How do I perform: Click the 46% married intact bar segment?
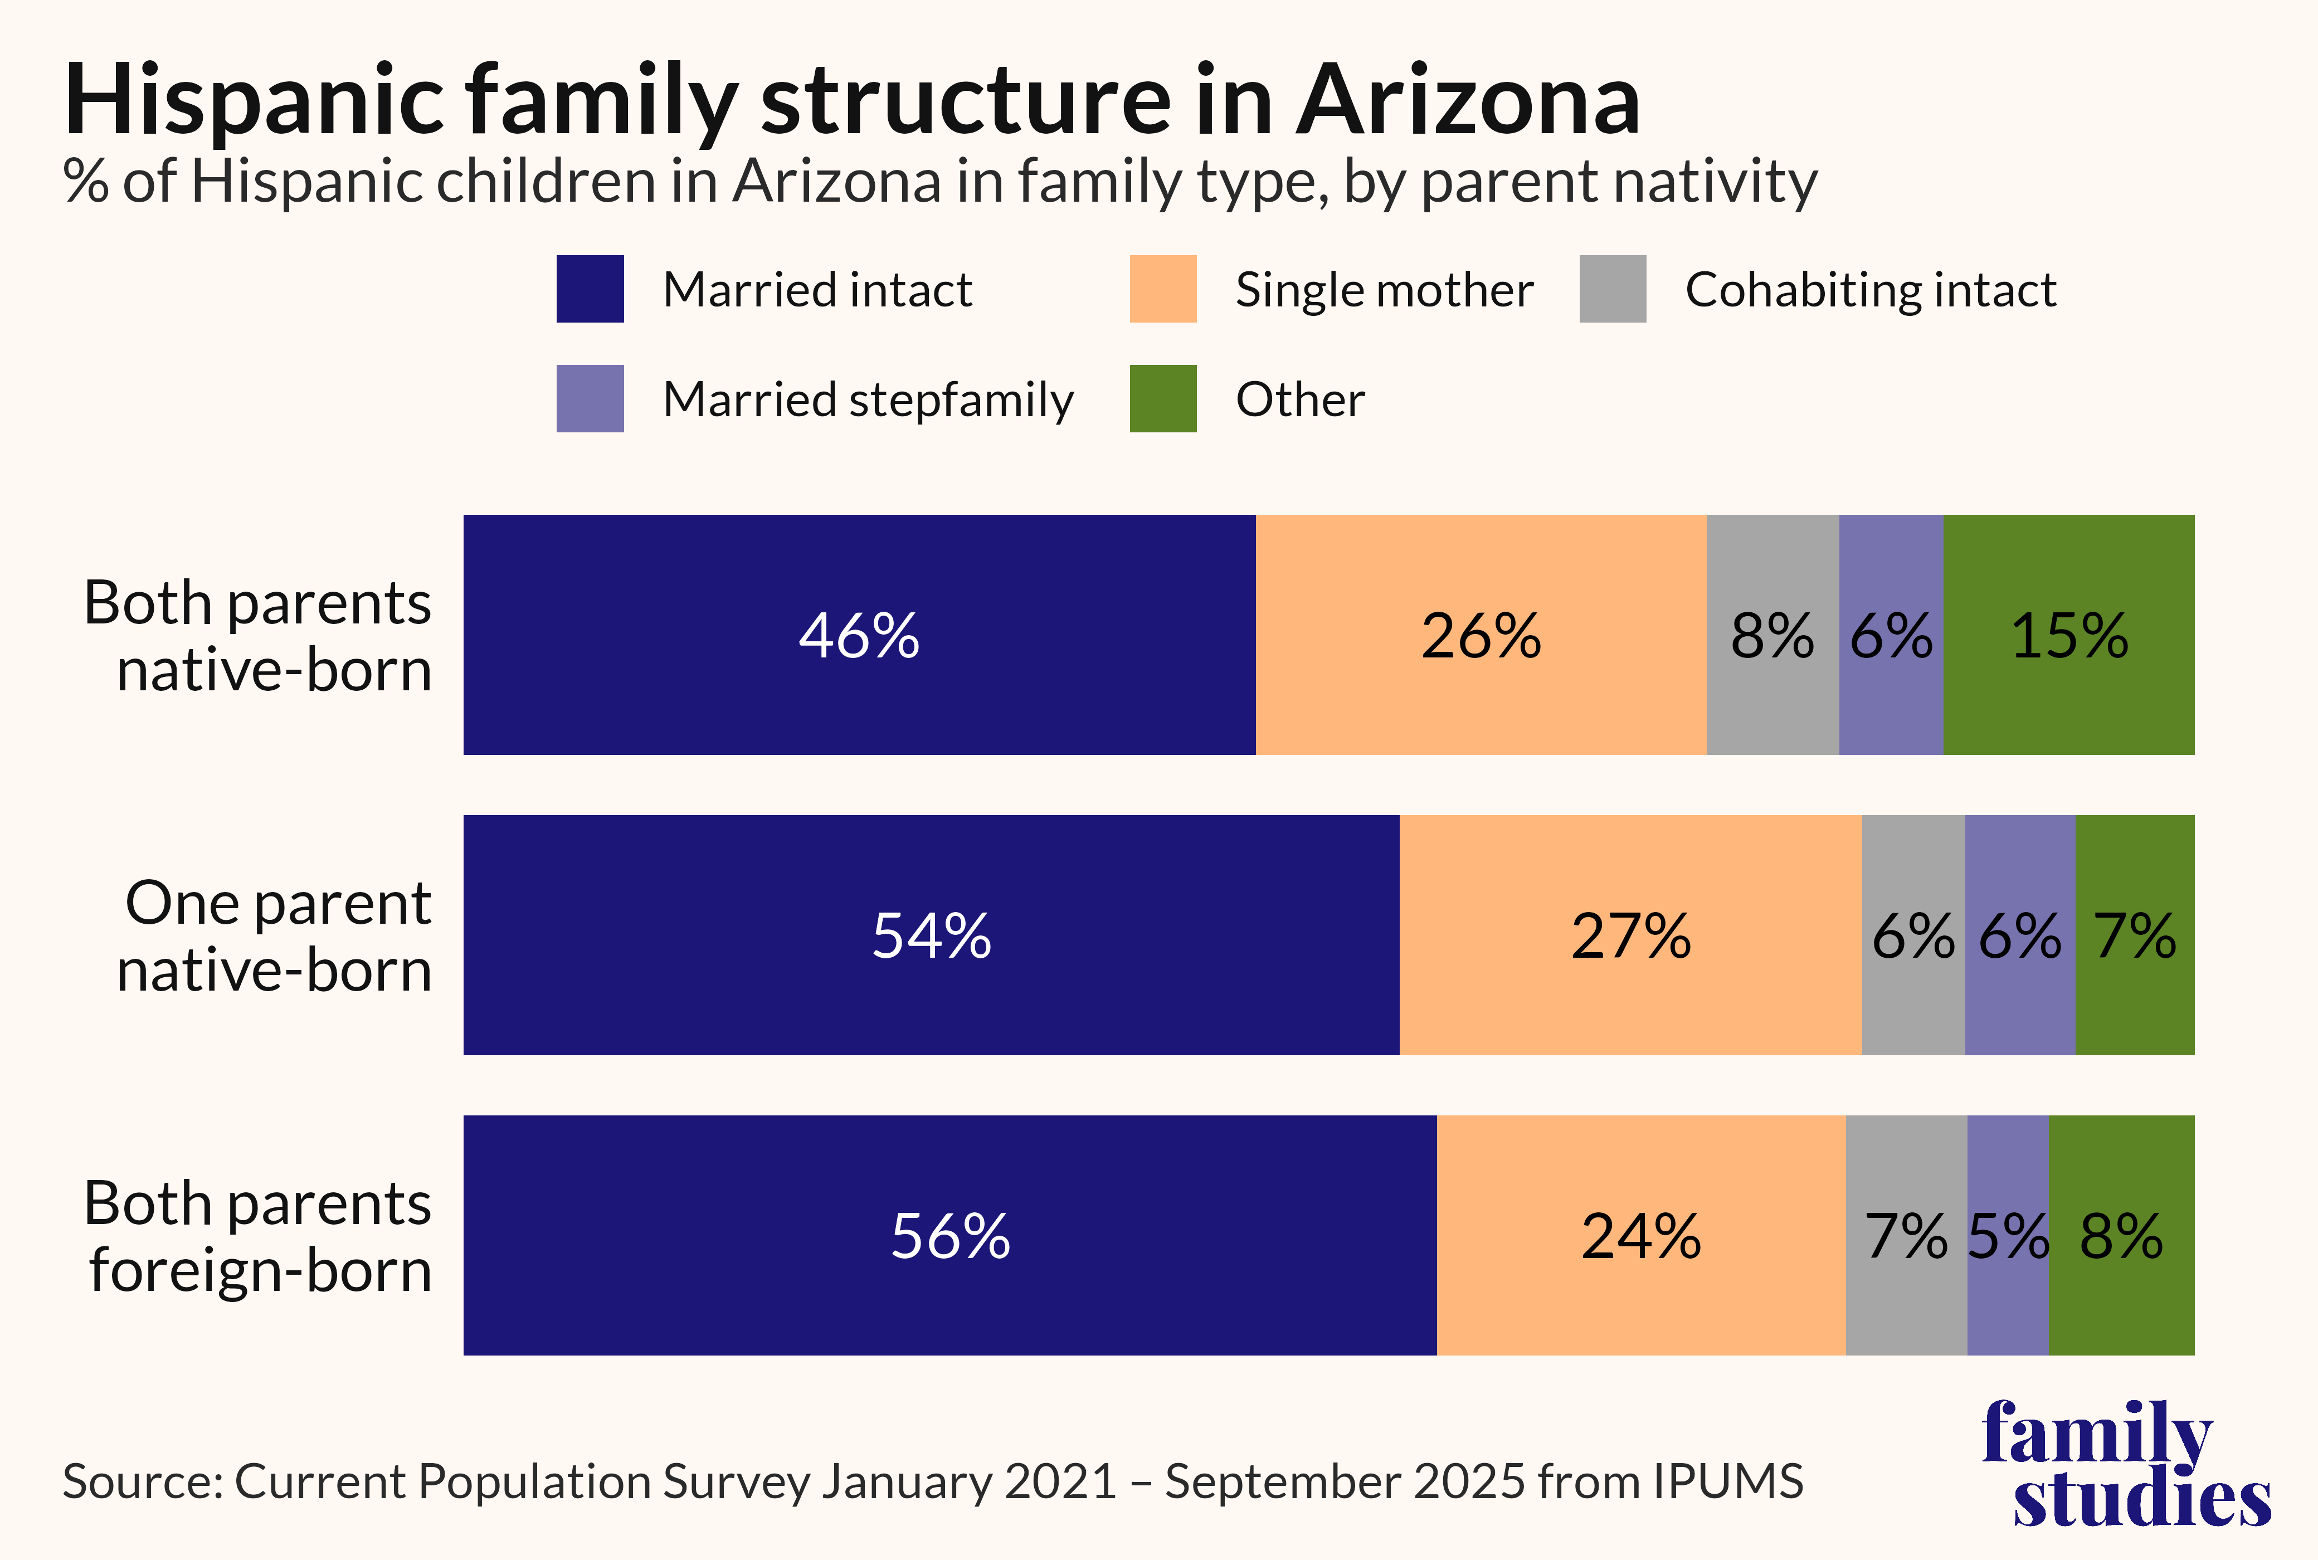pyautogui.click(x=860, y=635)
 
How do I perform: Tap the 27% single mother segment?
pyautogui.click(x=1630, y=935)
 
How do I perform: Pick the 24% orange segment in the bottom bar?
pyautogui.click(x=1642, y=1236)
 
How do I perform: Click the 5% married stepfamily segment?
pyautogui.click(x=2008, y=1236)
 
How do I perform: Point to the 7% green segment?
pyautogui.click(x=2135, y=935)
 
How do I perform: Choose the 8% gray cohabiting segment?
pyautogui.click(x=1773, y=635)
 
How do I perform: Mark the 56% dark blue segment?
pyautogui.click(x=950, y=1236)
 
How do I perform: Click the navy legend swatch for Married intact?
pyautogui.click(x=590, y=289)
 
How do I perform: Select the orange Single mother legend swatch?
pyautogui.click(x=1163, y=289)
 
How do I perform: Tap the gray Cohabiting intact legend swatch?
pyautogui.click(x=1613, y=289)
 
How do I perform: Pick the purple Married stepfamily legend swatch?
pyautogui.click(x=590, y=398)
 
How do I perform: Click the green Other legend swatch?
pyautogui.click(x=1163, y=398)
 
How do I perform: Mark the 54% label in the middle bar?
pyautogui.click(x=931, y=936)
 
